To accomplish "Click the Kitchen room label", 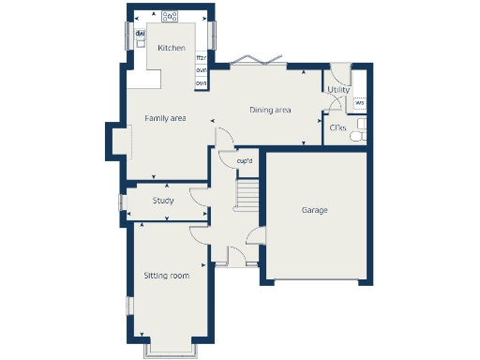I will (171, 48).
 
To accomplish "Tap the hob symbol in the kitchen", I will (170, 16).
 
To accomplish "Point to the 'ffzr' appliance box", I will (201, 58).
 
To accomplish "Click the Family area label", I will (165, 118).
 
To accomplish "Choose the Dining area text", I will (270, 111).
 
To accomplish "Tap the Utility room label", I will (337, 90).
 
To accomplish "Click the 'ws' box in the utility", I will (359, 102).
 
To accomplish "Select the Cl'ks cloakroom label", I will (337, 127).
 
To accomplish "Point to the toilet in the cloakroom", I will (356, 137).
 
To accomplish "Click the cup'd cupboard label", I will (245, 160).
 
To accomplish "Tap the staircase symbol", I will (247, 195).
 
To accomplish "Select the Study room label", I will (164, 200).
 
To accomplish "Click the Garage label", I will (314, 210).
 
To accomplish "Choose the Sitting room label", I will (167, 276).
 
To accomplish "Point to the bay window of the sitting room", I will (169, 352).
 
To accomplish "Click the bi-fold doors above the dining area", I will (253, 61).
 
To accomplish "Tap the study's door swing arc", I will (198, 195).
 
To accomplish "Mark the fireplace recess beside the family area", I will (116, 141).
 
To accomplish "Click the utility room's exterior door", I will (338, 72).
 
